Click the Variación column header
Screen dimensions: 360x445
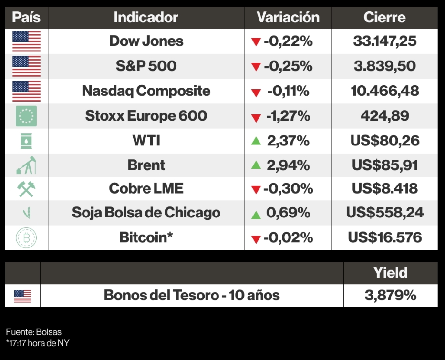click(x=288, y=18)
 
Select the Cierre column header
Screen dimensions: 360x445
click(x=384, y=18)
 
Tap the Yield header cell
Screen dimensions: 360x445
click(x=390, y=273)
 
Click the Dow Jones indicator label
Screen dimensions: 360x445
click(x=146, y=41)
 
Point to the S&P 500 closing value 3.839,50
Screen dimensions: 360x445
click(x=384, y=66)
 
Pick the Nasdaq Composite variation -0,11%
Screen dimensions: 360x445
click(x=288, y=91)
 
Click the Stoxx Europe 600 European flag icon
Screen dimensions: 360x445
click(x=26, y=116)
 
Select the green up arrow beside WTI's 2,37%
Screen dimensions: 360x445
click(x=256, y=141)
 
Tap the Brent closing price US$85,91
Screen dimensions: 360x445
click(x=384, y=165)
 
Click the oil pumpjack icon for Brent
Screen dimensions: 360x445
click(x=26, y=165)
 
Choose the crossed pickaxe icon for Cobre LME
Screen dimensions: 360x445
click(x=26, y=189)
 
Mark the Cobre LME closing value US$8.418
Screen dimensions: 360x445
click(x=384, y=188)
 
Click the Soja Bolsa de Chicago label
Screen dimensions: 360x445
click(x=146, y=213)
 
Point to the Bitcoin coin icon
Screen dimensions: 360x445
click(x=26, y=237)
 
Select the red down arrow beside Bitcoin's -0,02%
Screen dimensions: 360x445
click(x=256, y=238)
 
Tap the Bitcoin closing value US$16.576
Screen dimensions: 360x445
click(x=384, y=237)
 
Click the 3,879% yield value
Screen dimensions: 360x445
click(x=390, y=296)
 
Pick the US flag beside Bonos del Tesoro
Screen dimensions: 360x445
click(x=22, y=296)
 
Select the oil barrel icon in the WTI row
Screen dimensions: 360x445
click(x=26, y=141)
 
